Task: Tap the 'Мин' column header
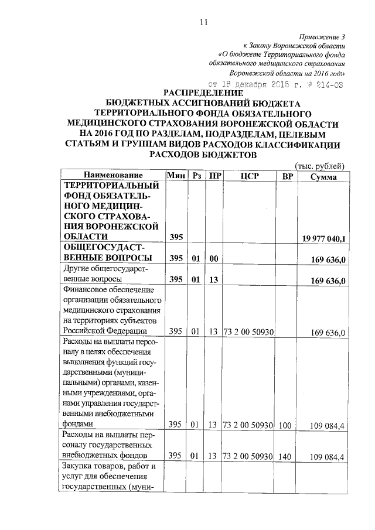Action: click(x=176, y=176)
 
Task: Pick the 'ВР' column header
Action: click(x=287, y=176)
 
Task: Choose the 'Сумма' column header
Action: click(x=323, y=176)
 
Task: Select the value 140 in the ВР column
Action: click(x=285, y=456)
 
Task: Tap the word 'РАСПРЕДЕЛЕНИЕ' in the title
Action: click(x=203, y=93)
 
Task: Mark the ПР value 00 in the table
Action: click(x=214, y=258)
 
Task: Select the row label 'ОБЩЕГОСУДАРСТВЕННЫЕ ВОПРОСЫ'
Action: click(x=111, y=252)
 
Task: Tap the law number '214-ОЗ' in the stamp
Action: click(x=328, y=84)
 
